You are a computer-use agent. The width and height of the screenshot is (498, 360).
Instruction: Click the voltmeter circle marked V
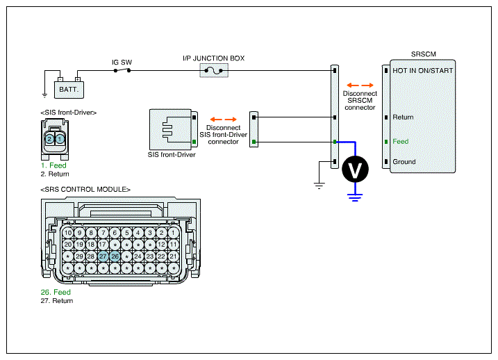(355, 169)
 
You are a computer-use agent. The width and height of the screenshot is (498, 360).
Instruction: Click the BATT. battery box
(69, 90)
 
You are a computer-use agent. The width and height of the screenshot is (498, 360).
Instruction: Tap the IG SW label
(122, 63)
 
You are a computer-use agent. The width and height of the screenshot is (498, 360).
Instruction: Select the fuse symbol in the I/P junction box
(214, 70)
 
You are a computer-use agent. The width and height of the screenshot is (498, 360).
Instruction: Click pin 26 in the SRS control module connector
(115, 256)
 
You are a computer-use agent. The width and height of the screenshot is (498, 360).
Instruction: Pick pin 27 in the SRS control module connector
(103, 256)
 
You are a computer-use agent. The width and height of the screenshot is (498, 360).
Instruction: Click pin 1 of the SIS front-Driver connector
(60, 139)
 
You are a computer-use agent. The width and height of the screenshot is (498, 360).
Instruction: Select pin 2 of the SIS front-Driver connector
(49, 139)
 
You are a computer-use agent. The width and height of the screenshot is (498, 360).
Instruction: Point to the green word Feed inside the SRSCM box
(401, 141)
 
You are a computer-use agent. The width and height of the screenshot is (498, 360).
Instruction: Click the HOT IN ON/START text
(423, 70)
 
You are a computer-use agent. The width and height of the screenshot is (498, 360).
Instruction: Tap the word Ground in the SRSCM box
(404, 162)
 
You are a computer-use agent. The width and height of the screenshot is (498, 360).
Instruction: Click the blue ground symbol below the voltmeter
(355, 197)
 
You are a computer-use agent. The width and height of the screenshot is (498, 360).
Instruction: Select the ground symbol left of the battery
(44, 95)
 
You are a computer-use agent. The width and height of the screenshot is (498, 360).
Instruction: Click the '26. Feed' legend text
(56, 292)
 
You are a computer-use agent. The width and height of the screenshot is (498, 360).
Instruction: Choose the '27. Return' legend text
(57, 301)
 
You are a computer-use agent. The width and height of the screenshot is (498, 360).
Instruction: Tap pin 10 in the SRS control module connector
(68, 233)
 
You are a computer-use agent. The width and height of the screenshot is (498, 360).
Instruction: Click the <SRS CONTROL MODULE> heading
(85, 189)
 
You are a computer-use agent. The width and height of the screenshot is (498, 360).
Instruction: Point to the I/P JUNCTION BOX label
(214, 58)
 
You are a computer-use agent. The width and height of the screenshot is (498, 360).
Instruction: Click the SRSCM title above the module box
(424, 54)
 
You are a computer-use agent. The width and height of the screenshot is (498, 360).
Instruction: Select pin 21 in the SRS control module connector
(174, 256)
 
